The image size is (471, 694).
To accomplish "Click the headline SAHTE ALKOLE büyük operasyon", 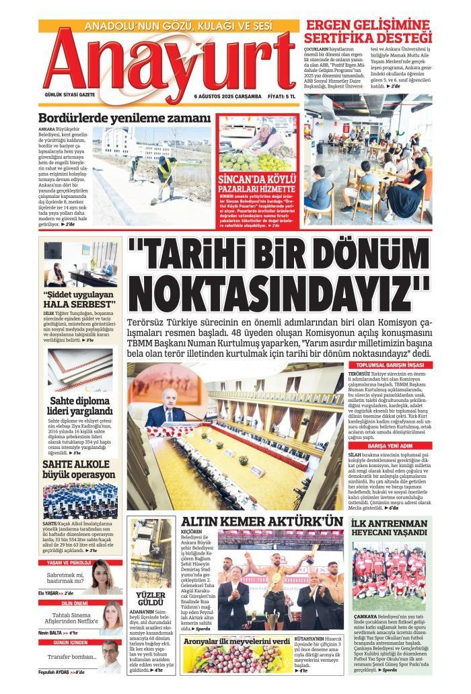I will tap(79, 469).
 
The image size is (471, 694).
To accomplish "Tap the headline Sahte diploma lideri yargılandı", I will tap(80, 406).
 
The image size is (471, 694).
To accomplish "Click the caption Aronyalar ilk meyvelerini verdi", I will tap(237, 641).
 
